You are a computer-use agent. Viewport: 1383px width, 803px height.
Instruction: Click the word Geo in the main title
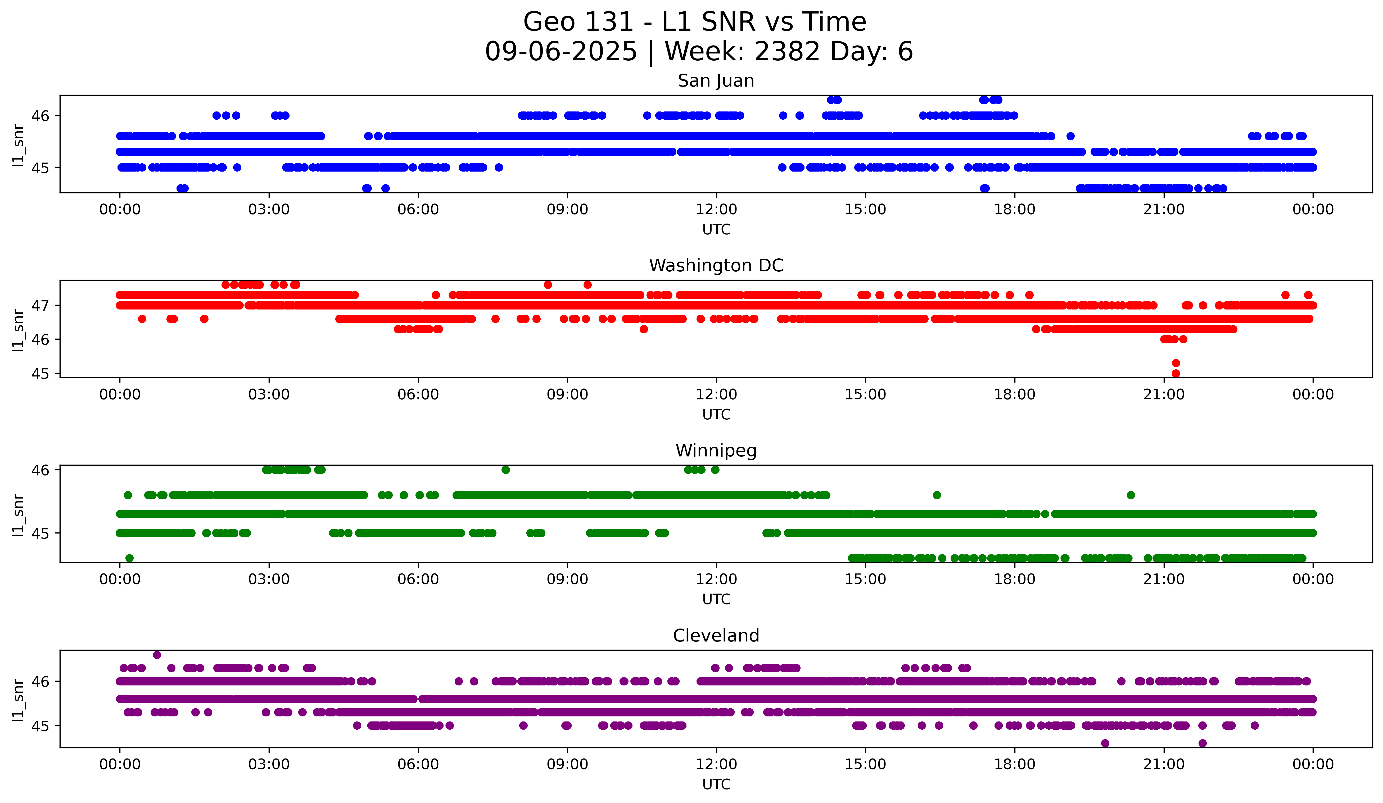(x=546, y=23)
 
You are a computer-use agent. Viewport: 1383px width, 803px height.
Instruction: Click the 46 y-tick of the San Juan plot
(x=40, y=116)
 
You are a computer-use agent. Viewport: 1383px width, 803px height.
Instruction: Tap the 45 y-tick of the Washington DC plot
(x=40, y=374)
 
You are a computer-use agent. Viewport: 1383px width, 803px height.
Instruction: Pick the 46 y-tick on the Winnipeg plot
(x=40, y=470)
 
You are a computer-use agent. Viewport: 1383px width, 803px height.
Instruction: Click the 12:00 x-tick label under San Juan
(x=716, y=210)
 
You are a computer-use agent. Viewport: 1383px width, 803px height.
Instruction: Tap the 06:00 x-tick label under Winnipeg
(x=418, y=580)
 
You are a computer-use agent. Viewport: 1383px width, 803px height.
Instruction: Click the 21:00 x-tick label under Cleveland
(x=1163, y=765)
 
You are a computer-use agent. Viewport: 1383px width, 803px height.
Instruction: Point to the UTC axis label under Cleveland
(x=716, y=784)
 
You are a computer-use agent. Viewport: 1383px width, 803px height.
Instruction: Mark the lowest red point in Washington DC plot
(x=1176, y=373)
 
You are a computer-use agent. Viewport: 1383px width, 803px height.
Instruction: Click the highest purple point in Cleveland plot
(x=157, y=655)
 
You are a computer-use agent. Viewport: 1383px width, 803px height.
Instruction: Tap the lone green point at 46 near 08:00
(x=505, y=470)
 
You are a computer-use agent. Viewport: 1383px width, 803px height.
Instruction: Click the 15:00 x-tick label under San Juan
(x=865, y=210)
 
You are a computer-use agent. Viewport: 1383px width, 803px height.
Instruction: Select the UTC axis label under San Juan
(x=716, y=230)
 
